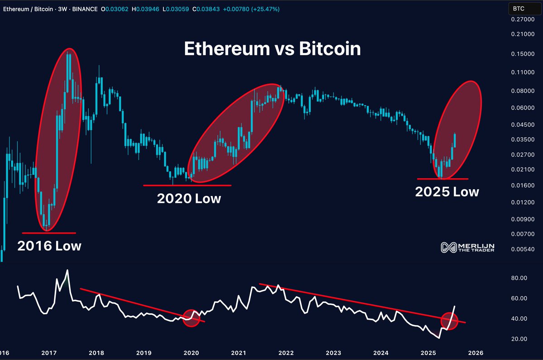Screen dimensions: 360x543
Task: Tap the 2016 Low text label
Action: pyautogui.click(x=49, y=246)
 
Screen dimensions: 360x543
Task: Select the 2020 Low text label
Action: pyautogui.click(x=189, y=198)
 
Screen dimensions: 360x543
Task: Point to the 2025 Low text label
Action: pyautogui.click(x=447, y=192)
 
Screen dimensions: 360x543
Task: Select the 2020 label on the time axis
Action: pyautogui.click(x=191, y=353)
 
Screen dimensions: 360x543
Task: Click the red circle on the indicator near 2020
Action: pyautogui.click(x=191, y=318)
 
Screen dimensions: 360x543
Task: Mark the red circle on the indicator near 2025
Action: pyautogui.click(x=449, y=321)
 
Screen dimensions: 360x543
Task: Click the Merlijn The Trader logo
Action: pyautogui.click(x=467, y=247)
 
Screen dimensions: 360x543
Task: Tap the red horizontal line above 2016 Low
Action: pyautogui.click(x=49, y=233)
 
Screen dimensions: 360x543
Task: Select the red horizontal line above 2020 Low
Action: pyautogui.click(x=187, y=185)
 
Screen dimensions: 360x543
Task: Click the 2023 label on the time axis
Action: pyautogui.click(x=333, y=353)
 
